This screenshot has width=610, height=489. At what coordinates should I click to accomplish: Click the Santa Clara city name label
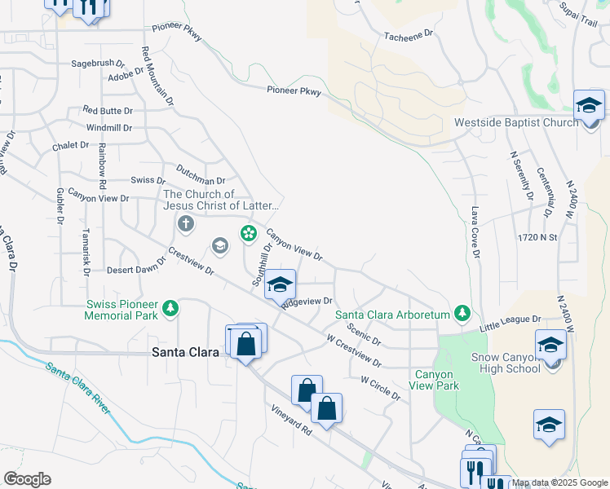pos(186,352)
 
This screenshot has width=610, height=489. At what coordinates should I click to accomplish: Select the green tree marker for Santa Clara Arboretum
pos(462,313)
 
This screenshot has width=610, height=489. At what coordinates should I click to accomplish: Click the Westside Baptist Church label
pos(515,123)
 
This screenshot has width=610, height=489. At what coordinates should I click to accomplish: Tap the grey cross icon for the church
pos(185,223)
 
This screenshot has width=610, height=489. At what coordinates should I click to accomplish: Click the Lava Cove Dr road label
pos(474,231)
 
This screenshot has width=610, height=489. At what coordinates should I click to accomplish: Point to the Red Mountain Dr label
pos(158,76)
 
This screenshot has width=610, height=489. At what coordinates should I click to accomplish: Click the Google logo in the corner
pos(27,479)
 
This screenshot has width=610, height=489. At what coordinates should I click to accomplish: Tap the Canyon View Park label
pos(436,380)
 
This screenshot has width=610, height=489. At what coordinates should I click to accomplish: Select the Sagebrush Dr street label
pos(97,62)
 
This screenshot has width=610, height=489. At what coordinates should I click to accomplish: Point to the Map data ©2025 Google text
pos(559,482)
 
